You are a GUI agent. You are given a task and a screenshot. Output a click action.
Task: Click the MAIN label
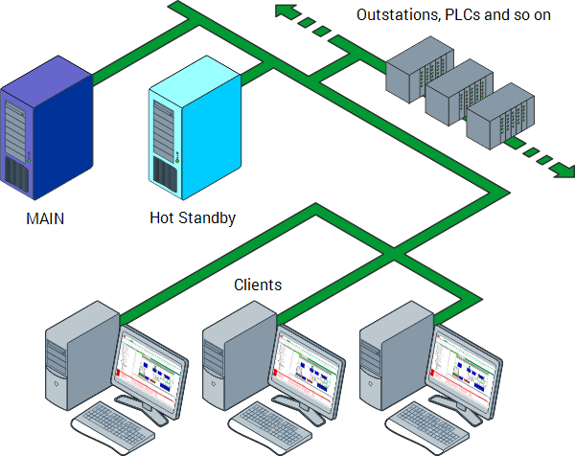coord(45,218)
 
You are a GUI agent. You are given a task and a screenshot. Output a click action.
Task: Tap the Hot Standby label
coord(192,217)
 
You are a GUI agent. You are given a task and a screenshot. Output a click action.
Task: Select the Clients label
coord(258,285)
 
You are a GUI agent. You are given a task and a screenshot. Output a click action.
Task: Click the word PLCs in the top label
coord(464,15)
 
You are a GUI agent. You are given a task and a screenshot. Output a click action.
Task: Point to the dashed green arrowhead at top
coord(284,11)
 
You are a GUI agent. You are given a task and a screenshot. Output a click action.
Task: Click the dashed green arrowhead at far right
coord(560,171)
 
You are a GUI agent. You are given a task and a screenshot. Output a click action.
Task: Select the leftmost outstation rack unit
coord(415,70)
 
